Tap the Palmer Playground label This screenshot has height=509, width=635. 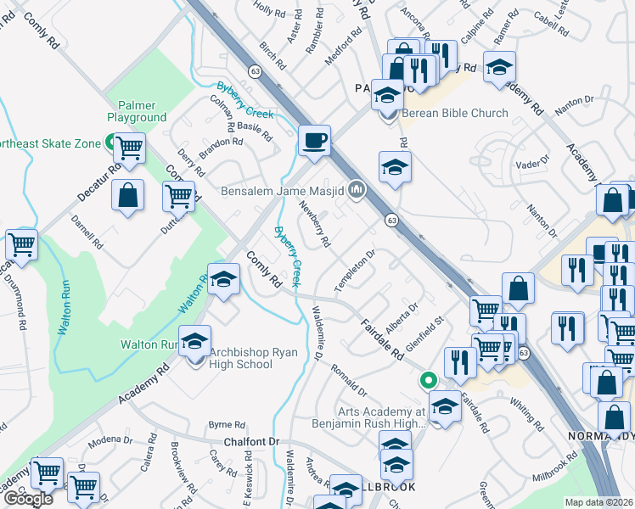[x=137, y=110]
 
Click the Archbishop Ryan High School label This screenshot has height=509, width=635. [x=241, y=358]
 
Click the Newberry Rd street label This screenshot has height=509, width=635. [x=314, y=224]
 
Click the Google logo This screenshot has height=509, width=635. [x=28, y=499]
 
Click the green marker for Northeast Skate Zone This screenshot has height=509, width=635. [x=110, y=143]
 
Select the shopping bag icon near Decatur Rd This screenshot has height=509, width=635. [x=127, y=196]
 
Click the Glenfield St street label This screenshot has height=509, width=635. [x=425, y=332]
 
